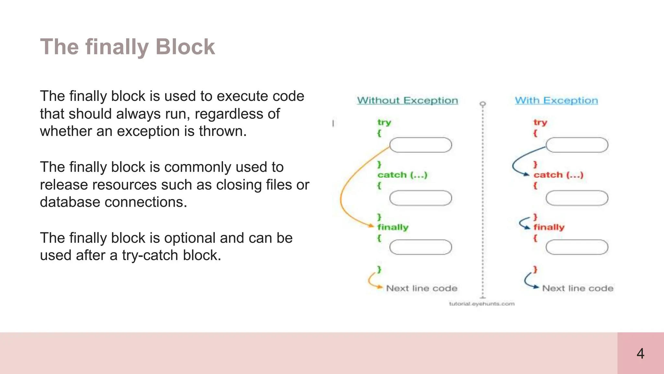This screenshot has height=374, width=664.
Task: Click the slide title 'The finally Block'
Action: [x=127, y=47]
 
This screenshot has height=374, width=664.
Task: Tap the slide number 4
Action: [x=640, y=353]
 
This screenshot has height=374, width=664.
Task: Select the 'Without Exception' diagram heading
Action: [x=408, y=100]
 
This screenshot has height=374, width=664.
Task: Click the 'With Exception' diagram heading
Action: [x=556, y=100]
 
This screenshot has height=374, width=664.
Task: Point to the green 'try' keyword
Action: [x=384, y=122]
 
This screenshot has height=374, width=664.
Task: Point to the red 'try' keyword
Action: [x=540, y=122]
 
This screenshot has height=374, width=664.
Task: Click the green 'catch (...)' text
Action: [x=402, y=175]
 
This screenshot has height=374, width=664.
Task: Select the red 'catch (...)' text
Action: [x=558, y=175]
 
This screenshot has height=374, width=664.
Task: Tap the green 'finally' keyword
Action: [x=393, y=227]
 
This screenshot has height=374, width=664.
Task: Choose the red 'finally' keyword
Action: [x=549, y=227]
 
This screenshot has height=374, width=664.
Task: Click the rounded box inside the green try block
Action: [x=421, y=145]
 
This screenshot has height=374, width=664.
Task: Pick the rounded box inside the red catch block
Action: [x=577, y=198]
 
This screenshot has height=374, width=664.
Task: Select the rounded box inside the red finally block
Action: [x=577, y=247]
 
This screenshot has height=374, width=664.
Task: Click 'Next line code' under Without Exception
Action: [x=421, y=288]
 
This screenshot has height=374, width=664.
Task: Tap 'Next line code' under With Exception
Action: [x=578, y=288]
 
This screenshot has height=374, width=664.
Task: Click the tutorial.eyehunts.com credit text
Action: [x=482, y=304]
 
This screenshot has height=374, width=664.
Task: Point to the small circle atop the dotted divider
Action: [x=483, y=104]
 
